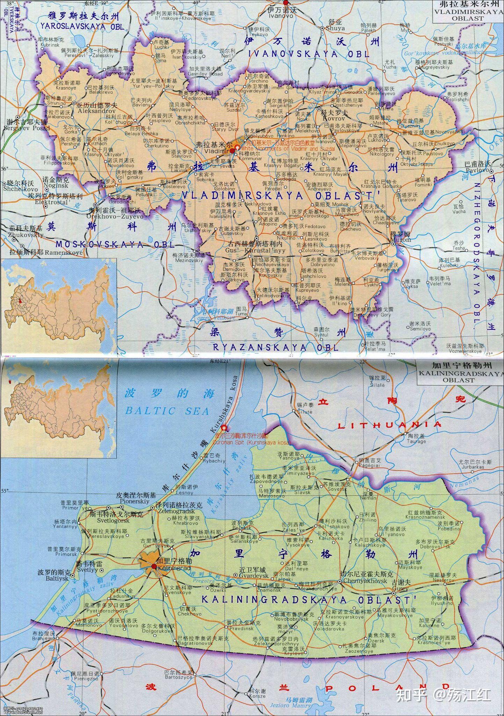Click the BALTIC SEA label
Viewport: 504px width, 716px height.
pyautogui.click(x=167, y=410)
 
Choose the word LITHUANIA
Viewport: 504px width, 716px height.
pyautogui.click(x=390, y=425)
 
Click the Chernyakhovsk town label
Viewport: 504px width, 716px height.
pyautogui.click(x=365, y=581)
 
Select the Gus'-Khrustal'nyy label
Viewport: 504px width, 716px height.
pyautogui.click(x=250, y=250)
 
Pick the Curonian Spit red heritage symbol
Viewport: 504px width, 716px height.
pyautogui.click(x=224, y=427)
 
